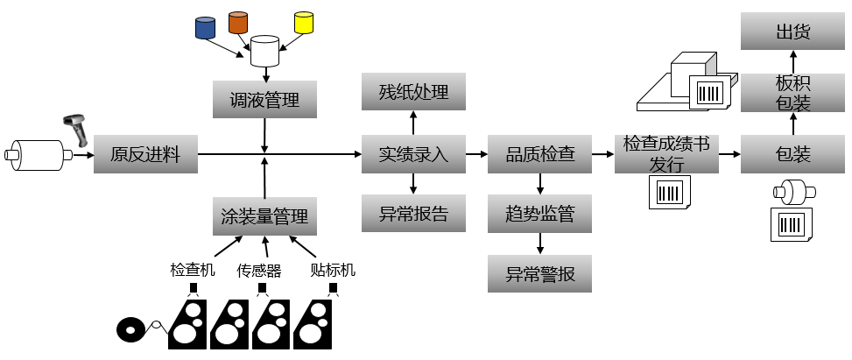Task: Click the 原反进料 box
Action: tap(145, 155)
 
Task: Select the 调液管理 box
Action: tap(264, 100)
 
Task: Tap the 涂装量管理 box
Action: tap(264, 215)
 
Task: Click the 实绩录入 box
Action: tap(413, 155)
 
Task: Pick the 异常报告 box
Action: tap(413, 214)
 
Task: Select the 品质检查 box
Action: tap(539, 155)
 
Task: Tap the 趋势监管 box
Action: tap(539, 214)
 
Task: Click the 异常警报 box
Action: tap(539, 273)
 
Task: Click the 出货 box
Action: tap(792, 32)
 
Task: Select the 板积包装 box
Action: tap(792, 93)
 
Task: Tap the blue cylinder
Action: tap(205, 27)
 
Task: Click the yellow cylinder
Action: tap(304, 22)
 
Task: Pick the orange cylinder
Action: tap(238, 22)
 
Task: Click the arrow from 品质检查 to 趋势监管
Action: tap(539, 184)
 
